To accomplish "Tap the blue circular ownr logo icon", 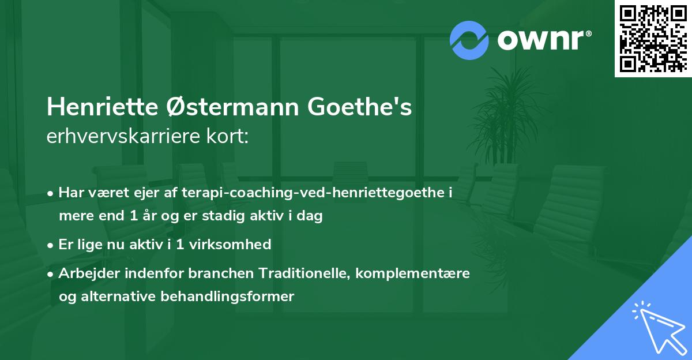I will coord(469,40).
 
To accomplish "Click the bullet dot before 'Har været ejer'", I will coord(51,193).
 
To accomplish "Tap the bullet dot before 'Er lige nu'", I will coord(51,245).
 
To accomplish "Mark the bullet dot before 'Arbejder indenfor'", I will coord(51,273).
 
